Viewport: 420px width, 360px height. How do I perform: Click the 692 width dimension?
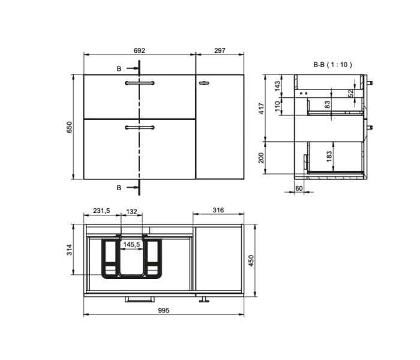point(139,51)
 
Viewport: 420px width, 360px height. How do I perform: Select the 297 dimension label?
point(220,51)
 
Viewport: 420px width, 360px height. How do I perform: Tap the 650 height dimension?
point(69,127)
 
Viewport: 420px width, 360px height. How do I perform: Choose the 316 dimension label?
point(218,210)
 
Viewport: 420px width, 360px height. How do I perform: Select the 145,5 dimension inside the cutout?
point(131,245)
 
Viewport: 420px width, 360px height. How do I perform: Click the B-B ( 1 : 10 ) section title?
point(332,64)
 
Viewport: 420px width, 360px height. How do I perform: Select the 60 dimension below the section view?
point(299,188)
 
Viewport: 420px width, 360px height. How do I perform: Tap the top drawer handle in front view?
point(139,82)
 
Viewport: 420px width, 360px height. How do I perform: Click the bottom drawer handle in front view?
point(139,127)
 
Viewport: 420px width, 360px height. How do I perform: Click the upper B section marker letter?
point(119,69)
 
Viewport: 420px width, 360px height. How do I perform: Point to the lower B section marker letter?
point(119,188)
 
